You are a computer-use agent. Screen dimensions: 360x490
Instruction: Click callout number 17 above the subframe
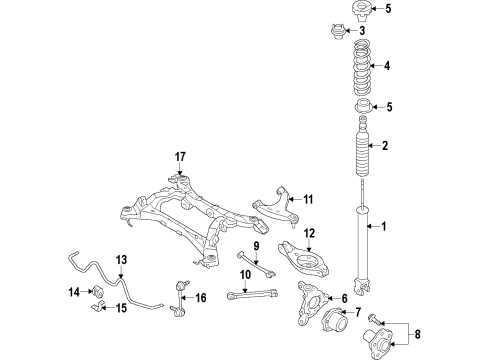coord(180,156)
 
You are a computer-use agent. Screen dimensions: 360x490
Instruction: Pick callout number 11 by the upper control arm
coord(309,199)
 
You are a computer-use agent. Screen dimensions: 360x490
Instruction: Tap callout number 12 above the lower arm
coord(309,234)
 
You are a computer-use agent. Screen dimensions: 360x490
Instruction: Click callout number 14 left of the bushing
coord(72,293)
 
